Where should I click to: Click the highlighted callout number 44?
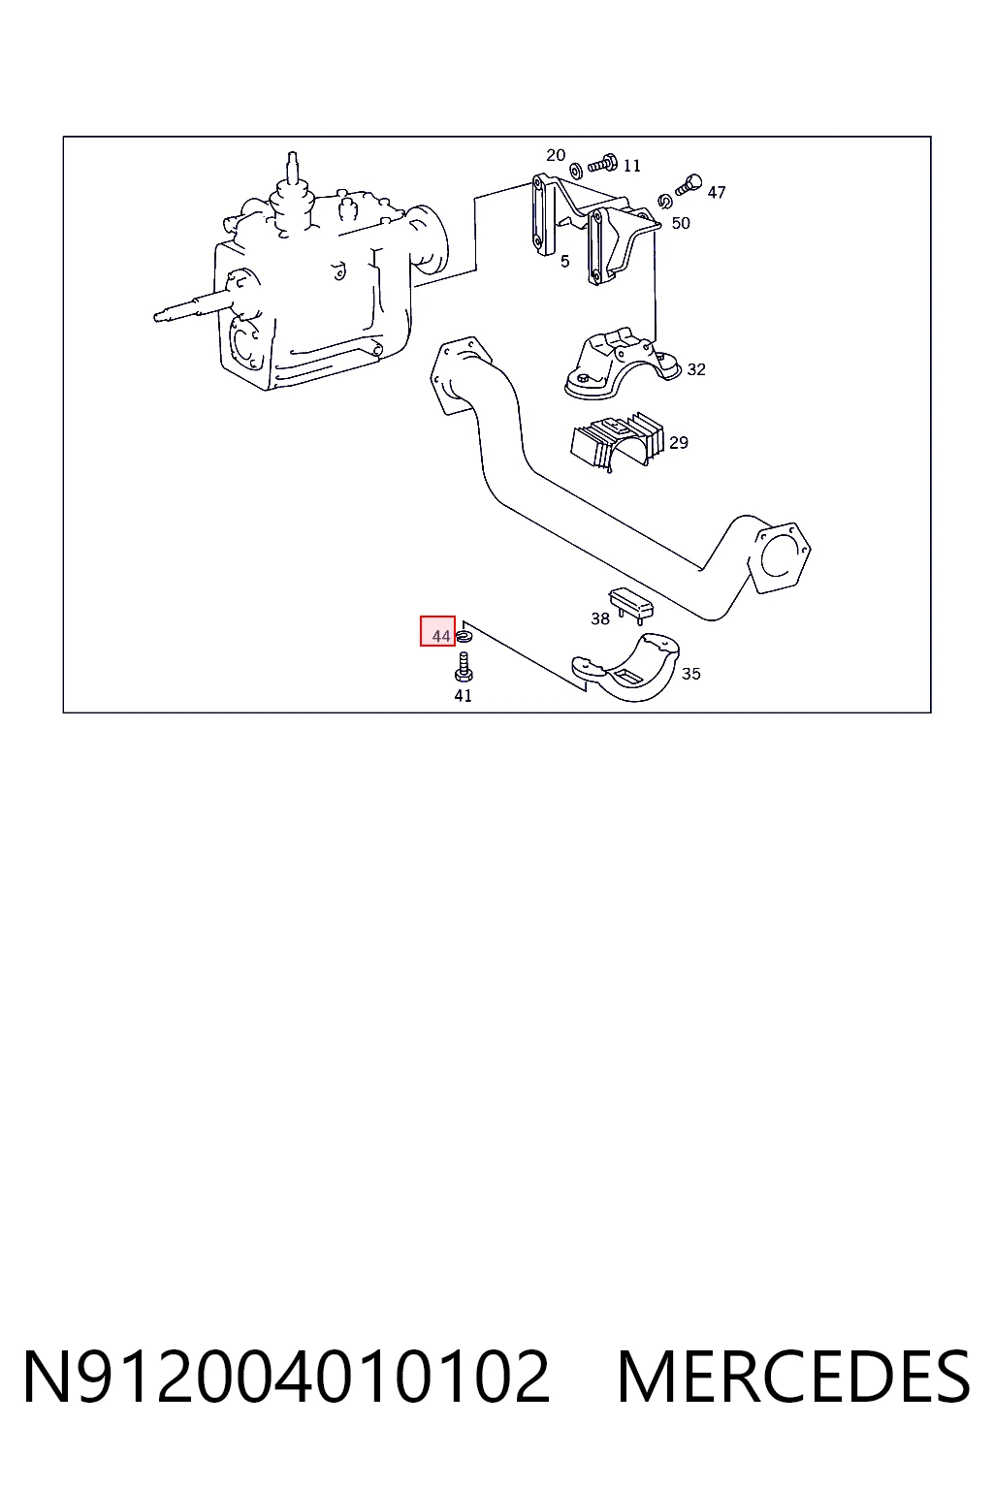click(441, 636)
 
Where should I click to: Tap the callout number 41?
click(463, 695)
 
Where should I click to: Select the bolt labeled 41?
click(464, 667)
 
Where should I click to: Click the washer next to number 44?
click(464, 638)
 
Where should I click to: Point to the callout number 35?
click(691, 674)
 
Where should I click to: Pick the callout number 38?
click(600, 618)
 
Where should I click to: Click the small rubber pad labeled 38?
click(631, 604)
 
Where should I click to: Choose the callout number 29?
click(679, 442)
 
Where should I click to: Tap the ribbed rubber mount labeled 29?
click(617, 442)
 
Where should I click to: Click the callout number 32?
click(695, 369)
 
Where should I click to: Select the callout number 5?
click(564, 261)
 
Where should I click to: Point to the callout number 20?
click(556, 155)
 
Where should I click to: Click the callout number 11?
click(631, 165)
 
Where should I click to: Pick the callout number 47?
click(717, 192)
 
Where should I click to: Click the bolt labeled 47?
click(689, 184)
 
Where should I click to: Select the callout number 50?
click(681, 223)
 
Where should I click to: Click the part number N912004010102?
click(287, 1377)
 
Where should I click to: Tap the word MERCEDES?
click(794, 1377)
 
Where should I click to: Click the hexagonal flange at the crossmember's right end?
click(779, 558)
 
